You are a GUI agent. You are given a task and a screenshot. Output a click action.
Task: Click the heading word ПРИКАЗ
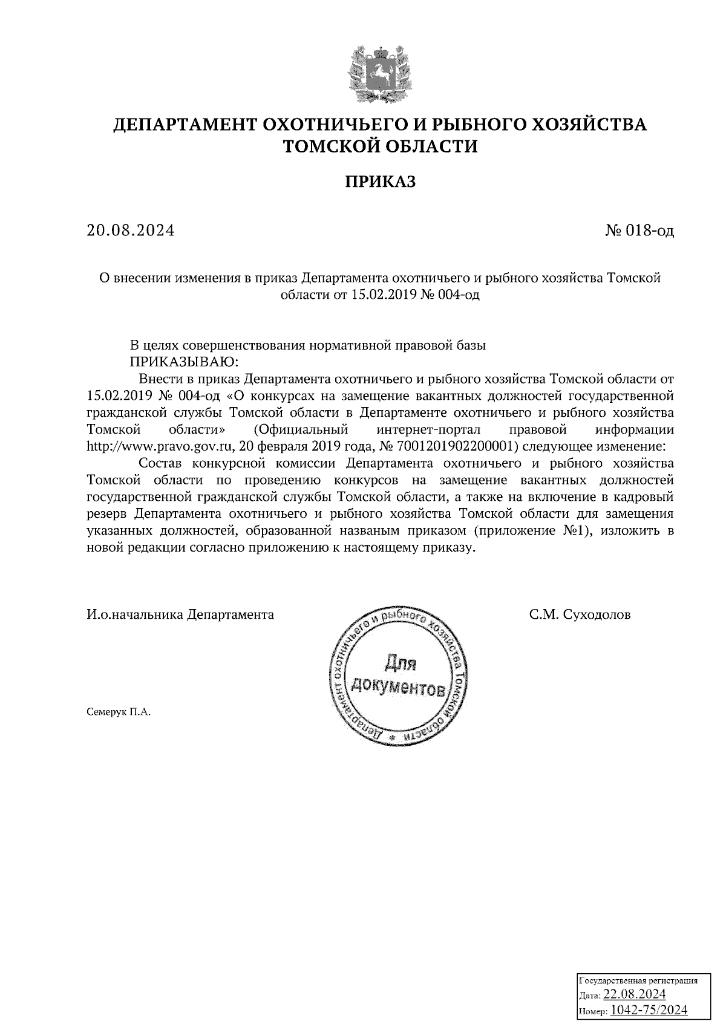(381, 181)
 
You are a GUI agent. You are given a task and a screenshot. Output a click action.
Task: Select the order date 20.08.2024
(130, 230)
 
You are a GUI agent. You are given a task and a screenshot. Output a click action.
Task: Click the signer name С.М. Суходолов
(580, 615)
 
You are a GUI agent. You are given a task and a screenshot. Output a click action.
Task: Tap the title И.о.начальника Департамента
(180, 615)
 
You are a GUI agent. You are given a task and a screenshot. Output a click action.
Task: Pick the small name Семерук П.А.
(118, 712)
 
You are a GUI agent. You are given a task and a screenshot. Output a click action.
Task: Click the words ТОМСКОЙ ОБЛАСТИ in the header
(381, 146)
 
